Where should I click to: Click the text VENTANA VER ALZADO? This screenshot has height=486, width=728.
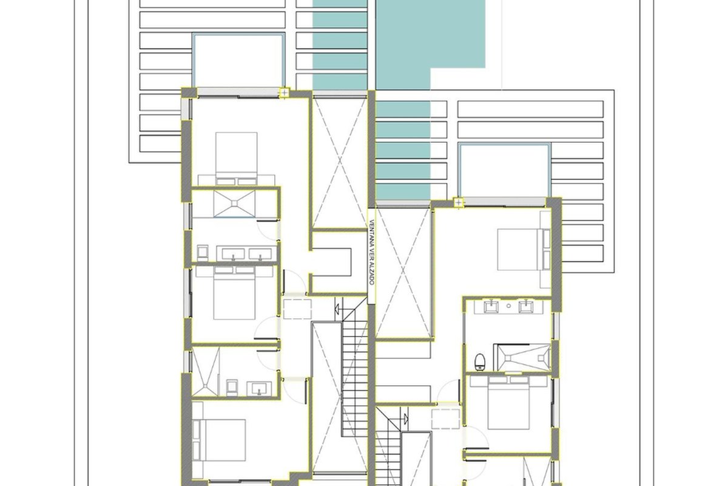[372, 252]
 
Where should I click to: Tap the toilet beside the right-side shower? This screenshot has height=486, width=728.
[480, 361]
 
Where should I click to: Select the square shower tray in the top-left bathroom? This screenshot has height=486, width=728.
[234, 204]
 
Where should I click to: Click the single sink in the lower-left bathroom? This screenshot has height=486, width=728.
[259, 389]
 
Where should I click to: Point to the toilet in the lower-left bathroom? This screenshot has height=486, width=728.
[231, 388]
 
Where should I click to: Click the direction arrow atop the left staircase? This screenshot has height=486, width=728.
[337, 308]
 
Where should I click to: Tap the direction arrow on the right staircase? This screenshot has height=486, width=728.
[406, 419]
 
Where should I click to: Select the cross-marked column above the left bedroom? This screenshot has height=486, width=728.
[285, 93]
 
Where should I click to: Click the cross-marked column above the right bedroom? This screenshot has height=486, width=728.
[458, 203]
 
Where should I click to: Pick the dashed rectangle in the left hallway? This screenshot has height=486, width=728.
[297, 309]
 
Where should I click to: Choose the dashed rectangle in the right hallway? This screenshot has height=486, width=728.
[445, 419]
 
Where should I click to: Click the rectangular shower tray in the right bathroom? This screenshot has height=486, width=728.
[522, 357]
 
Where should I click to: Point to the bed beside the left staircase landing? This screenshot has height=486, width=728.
[235, 293]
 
